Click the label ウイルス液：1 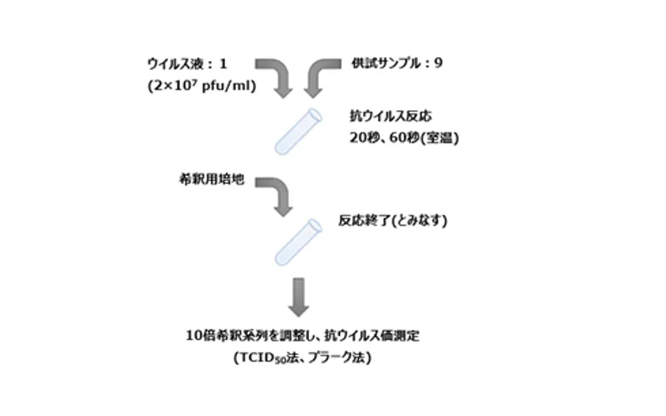[x=187, y=64]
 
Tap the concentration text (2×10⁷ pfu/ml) [x=201, y=86]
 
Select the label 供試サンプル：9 [x=396, y=63]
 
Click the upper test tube [x=298, y=132]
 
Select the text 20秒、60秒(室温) [x=404, y=138]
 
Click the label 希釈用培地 [x=212, y=179]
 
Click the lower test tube [x=298, y=242]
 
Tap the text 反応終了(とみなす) [x=393, y=220]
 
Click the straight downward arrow [x=299, y=297]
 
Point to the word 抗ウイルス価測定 [x=372, y=336]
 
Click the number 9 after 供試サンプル [x=438, y=63]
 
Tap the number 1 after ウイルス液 [x=223, y=64]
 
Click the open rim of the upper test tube [x=316, y=115]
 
